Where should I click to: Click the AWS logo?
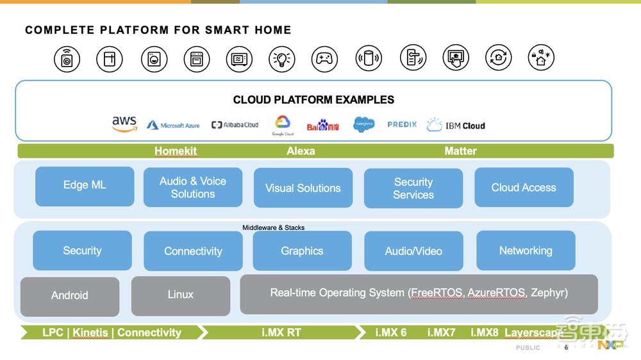(124, 124)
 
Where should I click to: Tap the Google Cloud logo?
(283, 125)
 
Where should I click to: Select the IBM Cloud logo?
(456, 125)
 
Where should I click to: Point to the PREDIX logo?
(402, 124)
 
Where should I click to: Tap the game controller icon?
(324, 59)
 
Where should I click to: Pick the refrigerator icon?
(109, 59)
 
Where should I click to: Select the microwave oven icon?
(239, 59)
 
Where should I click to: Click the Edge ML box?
(85, 186)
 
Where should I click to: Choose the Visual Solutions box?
(303, 188)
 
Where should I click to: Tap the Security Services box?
(413, 188)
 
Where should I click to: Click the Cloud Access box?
(524, 187)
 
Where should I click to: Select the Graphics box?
(302, 250)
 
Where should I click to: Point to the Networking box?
(526, 250)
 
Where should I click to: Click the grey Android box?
(70, 296)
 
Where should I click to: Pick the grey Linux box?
(181, 295)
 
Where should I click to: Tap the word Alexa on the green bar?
(301, 151)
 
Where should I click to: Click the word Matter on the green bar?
(460, 151)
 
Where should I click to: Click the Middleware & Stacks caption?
(274, 227)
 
